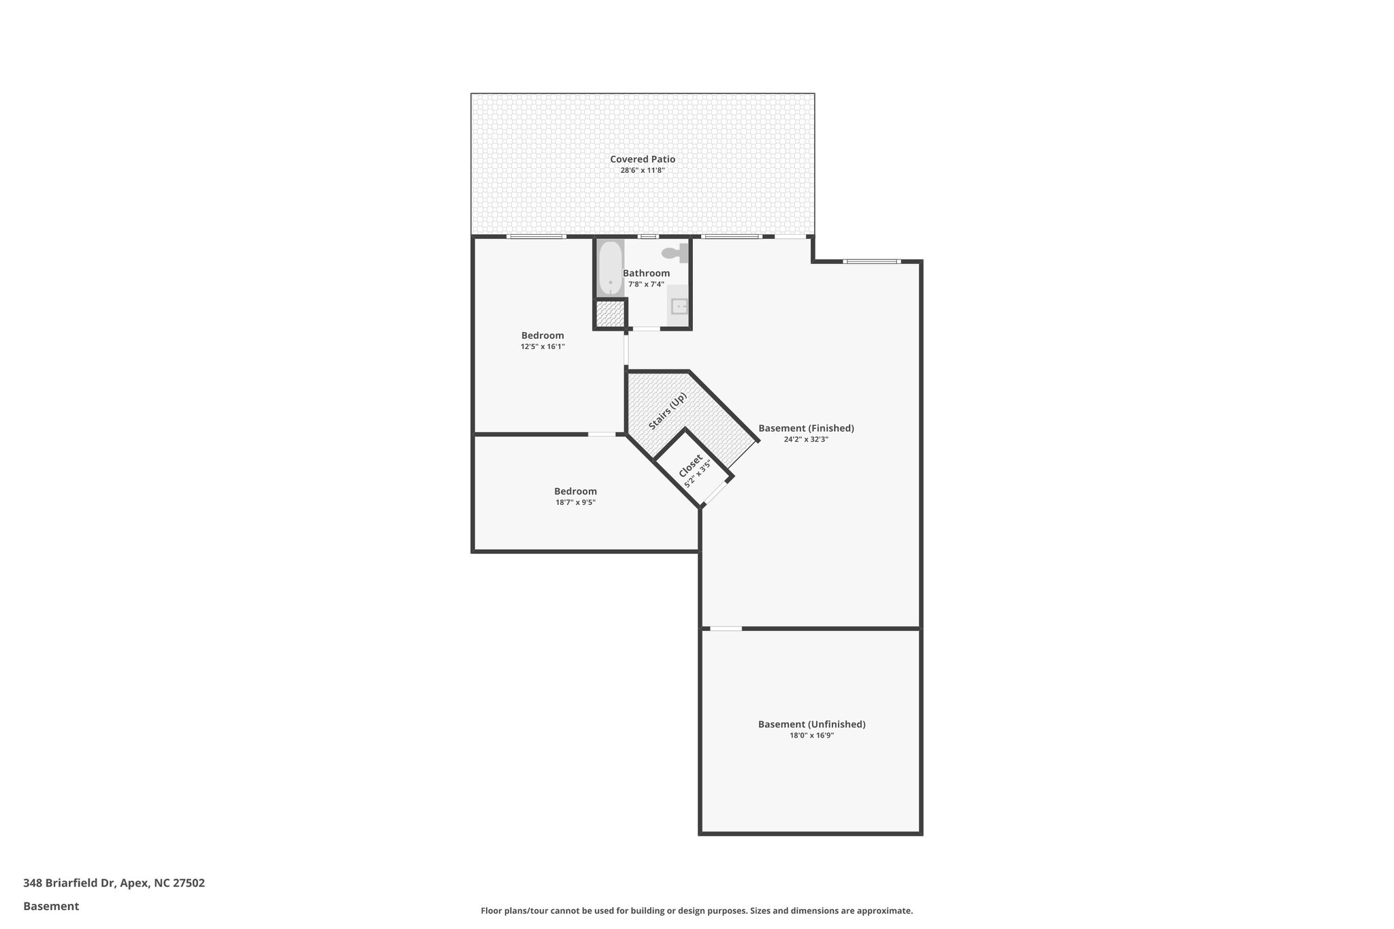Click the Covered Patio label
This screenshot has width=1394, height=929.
coord(642,159)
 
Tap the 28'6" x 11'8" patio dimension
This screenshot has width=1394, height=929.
coord(642,170)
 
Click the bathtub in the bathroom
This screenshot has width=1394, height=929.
coord(610,268)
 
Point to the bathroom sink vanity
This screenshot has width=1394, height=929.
coord(678,306)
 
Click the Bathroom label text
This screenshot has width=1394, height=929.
coord(646,273)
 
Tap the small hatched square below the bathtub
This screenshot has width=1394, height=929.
coord(610,314)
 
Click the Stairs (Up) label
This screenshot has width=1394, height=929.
coord(667,411)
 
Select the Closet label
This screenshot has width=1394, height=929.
coord(690,466)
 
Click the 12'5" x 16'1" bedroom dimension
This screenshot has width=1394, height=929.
coord(542,346)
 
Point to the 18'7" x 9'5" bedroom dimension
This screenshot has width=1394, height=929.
coord(575,502)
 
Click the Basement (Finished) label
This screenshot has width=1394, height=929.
coord(806,428)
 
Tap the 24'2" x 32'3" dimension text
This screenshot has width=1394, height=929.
coord(806,440)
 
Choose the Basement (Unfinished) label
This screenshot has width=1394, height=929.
coord(811,724)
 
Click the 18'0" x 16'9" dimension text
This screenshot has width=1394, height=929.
coord(811,735)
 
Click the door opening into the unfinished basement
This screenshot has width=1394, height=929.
coord(726,628)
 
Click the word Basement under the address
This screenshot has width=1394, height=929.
coord(51,906)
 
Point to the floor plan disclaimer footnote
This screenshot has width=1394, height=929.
coord(696,911)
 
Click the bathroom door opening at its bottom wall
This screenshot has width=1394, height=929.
coord(646,329)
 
